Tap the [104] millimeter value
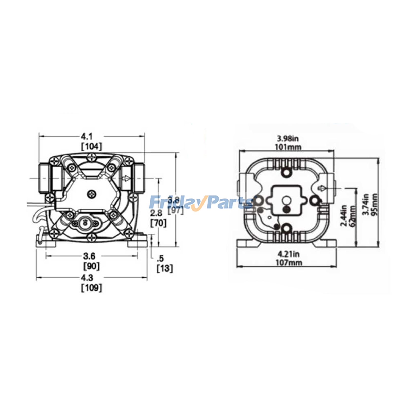pyautogui.click(x=91, y=147)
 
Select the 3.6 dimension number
pyautogui.click(x=89, y=256)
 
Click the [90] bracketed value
pyautogui.click(x=91, y=266)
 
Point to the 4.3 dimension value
pyautogui.click(x=87, y=278)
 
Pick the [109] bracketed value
pyautogui.click(x=91, y=288)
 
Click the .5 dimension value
pyautogui.click(x=160, y=259)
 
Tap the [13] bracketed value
pyautogui.click(x=164, y=268)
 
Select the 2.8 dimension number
pyautogui.click(x=156, y=213)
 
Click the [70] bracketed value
pyautogui.click(x=158, y=223)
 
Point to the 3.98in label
pyautogui.click(x=288, y=139)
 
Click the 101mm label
pyautogui.click(x=288, y=147)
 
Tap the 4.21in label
pyautogui.click(x=289, y=254)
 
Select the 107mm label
pyautogui.click(x=289, y=262)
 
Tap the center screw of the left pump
pyautogui.click(x=92, y=195)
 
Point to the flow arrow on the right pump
pyautogui.click(x=322, y=188)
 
